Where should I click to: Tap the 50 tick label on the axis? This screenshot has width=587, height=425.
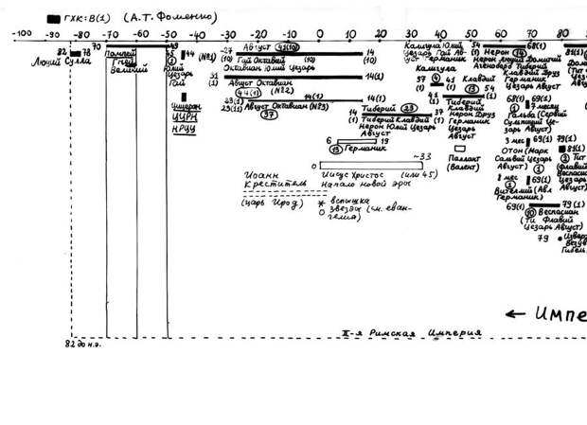tap(471, 34)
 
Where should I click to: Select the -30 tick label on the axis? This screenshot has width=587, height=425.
tap(229, 34)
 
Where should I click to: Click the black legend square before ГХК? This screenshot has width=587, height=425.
tap(52, 17)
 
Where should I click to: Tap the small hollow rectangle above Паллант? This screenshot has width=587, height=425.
tap(459, 149)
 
